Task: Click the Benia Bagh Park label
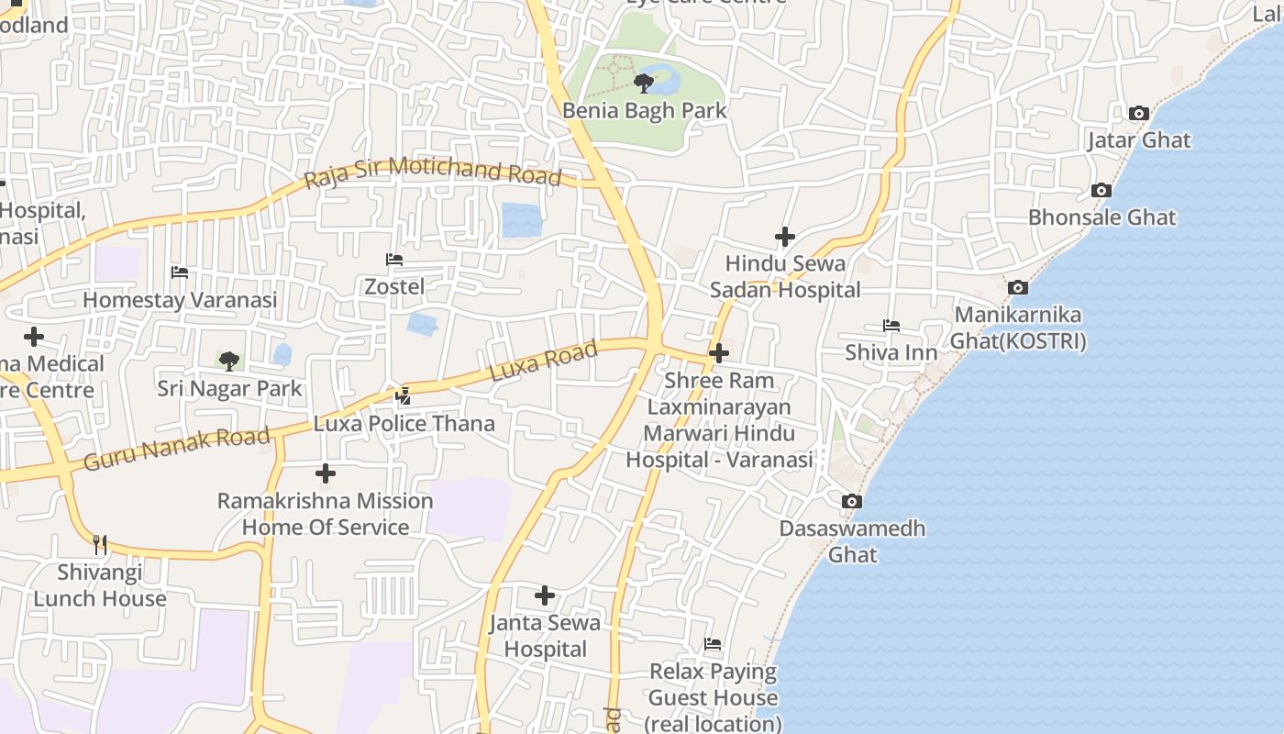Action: (x=644, y=111)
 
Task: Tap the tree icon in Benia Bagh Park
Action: (x=644, y=83)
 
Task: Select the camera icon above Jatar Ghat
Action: (x=1138, y=114)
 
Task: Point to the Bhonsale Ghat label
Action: (x=1101, y=217)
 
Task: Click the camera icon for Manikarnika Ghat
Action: (x=1017, y=288)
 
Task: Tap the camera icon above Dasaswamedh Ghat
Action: (x=852, y=502)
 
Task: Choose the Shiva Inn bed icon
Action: (x=891, y=326)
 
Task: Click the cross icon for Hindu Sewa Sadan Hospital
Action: (x=785, y=237)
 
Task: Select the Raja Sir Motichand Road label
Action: (x=432, y=172)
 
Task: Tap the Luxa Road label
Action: (x=543, y=361)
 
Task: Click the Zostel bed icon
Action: (x=394, y=261)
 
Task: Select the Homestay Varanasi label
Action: (x=180, y=300)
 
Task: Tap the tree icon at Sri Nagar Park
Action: (x=229, y=361)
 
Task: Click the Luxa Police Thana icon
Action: (x=403, y=396)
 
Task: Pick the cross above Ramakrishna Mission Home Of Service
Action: (x=326, y=473)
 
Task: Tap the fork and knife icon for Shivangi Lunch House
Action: (x=99, y=545)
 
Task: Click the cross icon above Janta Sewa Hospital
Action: (x=545, y=595)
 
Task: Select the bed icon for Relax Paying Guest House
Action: (x=713, y=644)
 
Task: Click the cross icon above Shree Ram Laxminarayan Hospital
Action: (x=719, y=352)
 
